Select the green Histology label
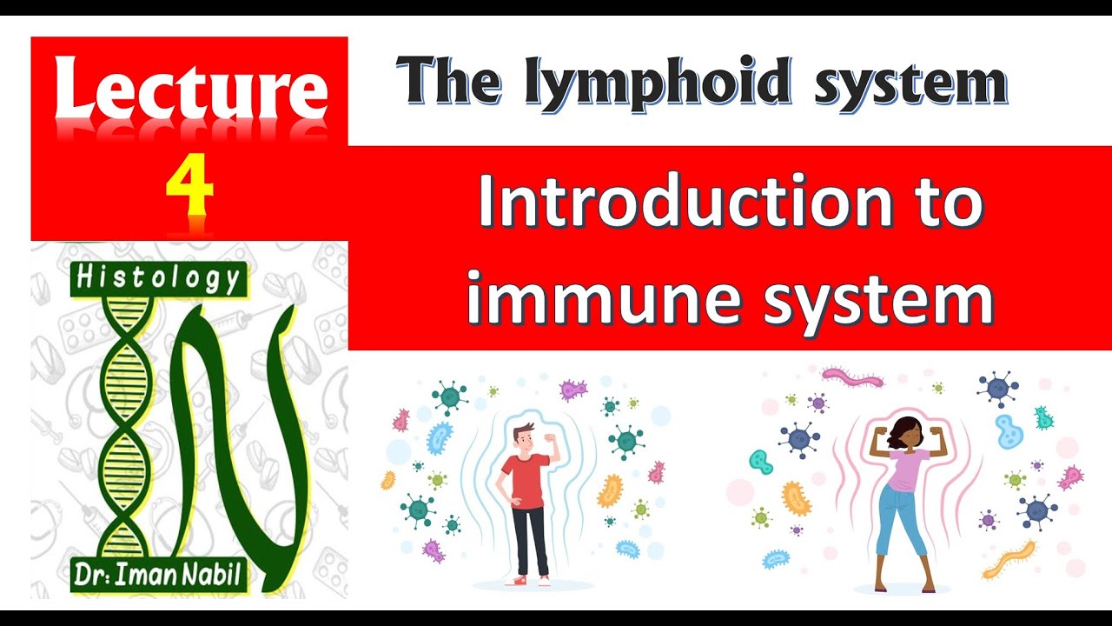[x=158, y=278]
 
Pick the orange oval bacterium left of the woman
[x=796, y=498]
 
